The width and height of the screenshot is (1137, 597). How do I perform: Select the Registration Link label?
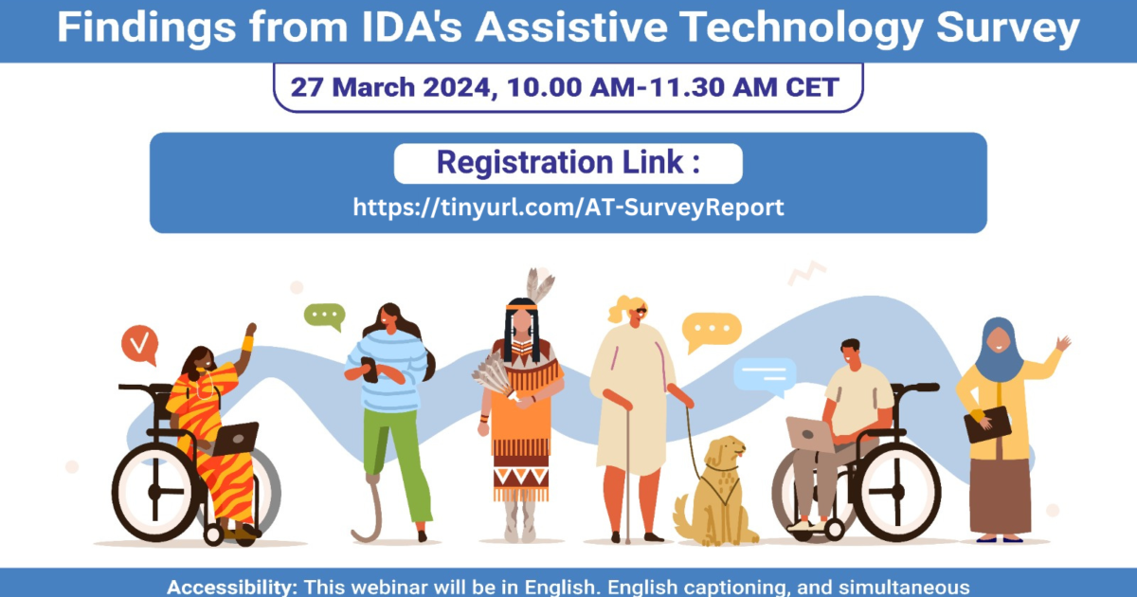tap(568, 163)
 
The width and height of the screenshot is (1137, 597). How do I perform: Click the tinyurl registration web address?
tap(568, 207)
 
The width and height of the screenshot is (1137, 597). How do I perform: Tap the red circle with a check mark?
tap(139, 345)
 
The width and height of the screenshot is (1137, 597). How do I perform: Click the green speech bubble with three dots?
tap(324, 316)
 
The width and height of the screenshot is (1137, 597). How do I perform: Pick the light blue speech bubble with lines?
tap(763, 374)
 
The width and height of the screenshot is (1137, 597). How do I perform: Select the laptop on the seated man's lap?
tap(810, 434)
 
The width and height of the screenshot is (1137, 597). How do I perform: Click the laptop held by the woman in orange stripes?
tap(234, 438)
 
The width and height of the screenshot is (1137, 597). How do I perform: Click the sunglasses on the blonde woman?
tap(641, 312)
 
